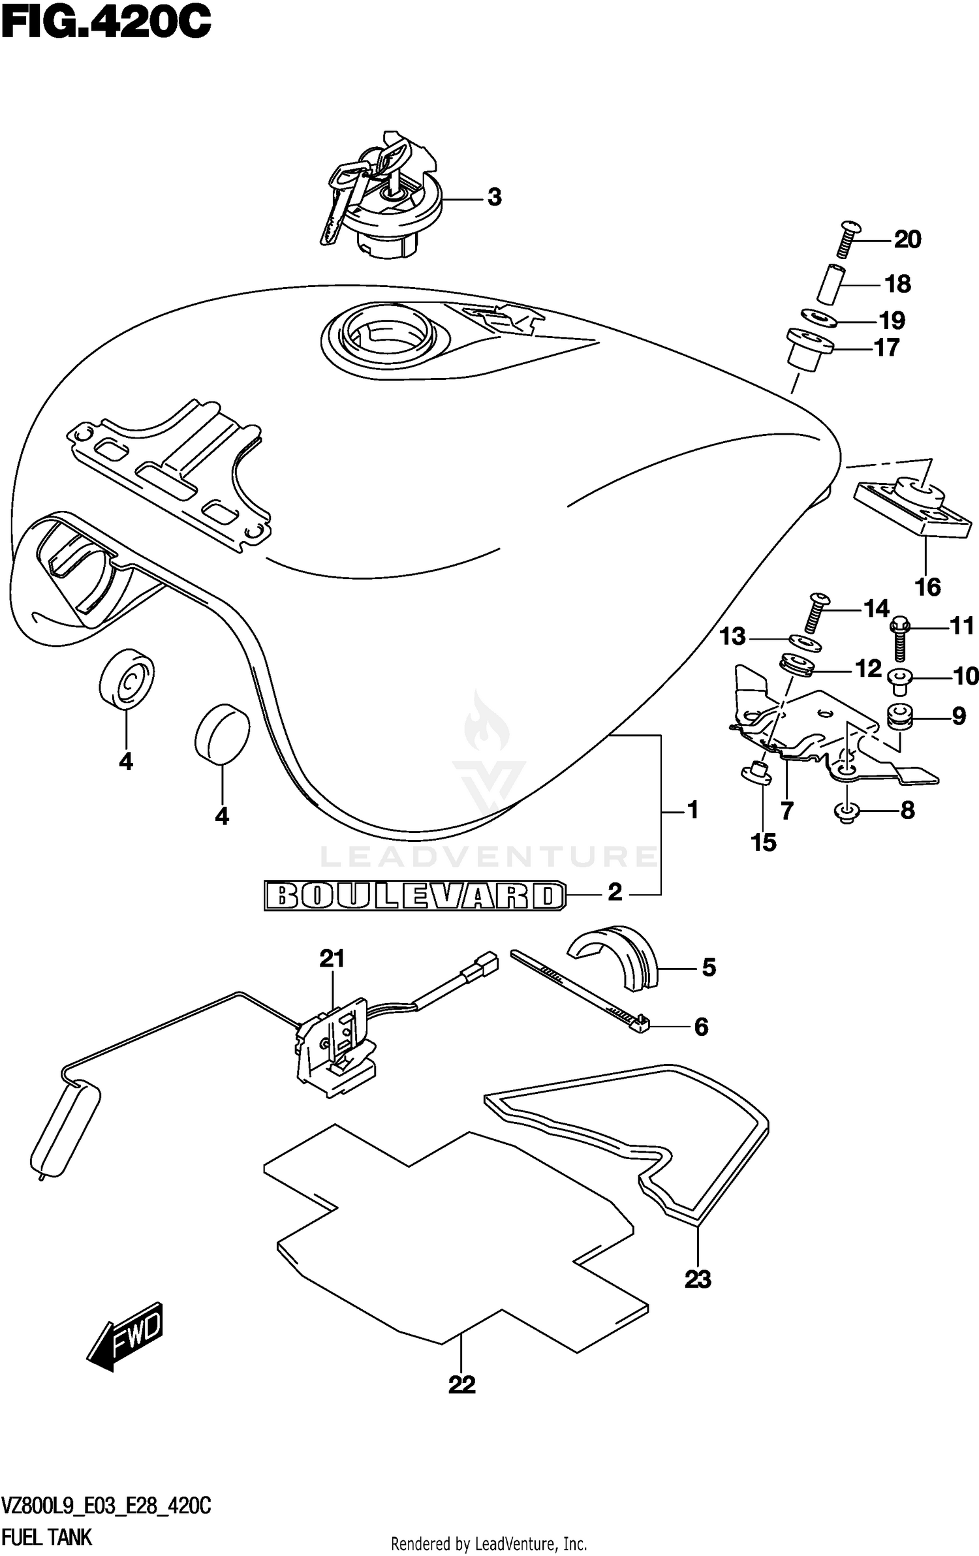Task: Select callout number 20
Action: [x=907, y=240]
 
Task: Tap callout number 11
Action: [x=962, y=626]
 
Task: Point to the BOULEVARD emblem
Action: [x=414, y=895]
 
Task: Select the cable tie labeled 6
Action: [x=581, y=989]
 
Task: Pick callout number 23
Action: [x=697, y=1279]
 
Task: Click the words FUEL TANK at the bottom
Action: [x=47, y=1533]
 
